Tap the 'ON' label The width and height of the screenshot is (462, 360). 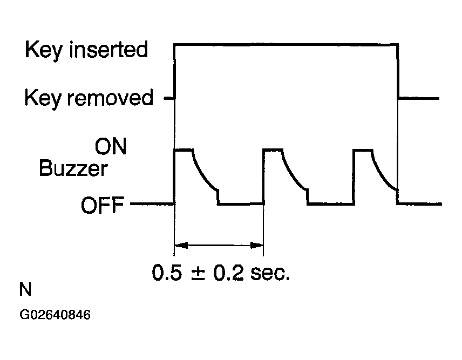pos(110,147)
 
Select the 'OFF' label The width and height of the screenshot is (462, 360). pos(103,205)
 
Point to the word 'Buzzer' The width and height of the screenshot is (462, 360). pos(73,169)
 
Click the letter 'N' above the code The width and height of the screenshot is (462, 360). pos(25,291)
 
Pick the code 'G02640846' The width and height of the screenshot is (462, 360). pos(55,315)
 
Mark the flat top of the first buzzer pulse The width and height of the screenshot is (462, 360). pos(184,150)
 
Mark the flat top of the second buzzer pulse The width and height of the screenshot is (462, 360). pos(273,150)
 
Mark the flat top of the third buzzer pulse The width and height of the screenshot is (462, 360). pos(363,150)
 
